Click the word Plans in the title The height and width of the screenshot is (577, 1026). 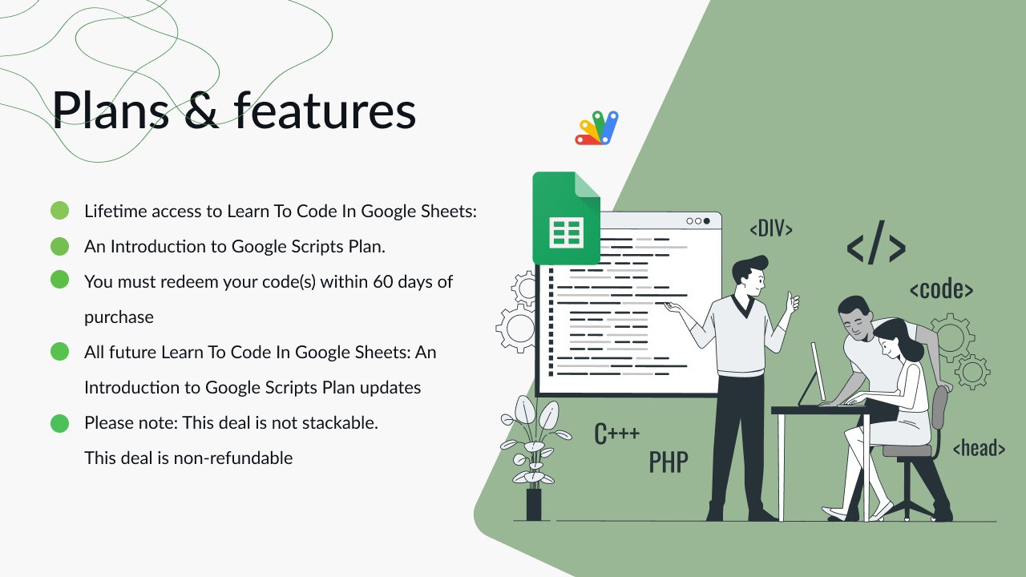(111, 111)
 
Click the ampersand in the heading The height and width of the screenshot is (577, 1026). (200, 111)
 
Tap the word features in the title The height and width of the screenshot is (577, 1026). (325, 111)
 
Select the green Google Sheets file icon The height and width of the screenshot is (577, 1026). (566, 218)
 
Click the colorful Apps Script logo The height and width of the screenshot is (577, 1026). (596, 127)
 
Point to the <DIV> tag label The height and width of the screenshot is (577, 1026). (771, 228)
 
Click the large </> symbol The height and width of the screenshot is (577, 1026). (876, 243)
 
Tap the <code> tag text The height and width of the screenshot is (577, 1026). (941, 289)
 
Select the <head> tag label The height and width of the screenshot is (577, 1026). (980, 447)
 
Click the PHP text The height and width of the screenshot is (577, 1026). (669, 462)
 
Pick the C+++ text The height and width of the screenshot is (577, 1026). (616, 434)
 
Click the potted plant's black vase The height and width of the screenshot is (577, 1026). (534, 504)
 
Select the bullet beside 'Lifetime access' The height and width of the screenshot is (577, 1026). (59, 211)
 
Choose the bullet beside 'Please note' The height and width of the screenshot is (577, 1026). (59, 423)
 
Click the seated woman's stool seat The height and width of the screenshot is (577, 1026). (907, 451)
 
